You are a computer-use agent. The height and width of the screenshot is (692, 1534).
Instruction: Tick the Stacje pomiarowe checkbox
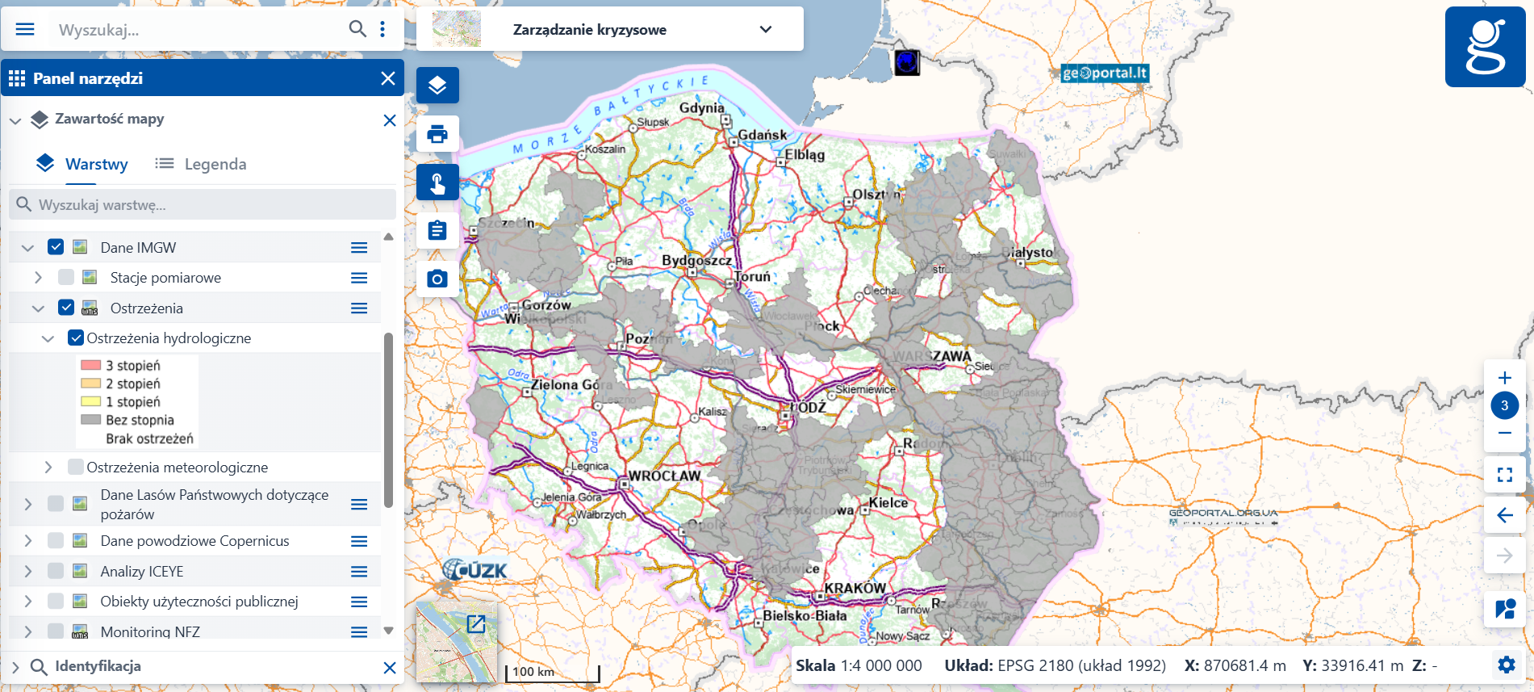coord(66,278)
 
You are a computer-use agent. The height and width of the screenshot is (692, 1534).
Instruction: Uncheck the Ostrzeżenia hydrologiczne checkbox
coord(76,338)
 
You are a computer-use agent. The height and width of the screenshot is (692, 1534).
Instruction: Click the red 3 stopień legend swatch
coord(91,366)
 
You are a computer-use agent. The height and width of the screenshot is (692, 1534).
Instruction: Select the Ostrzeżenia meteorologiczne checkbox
coord(76,467)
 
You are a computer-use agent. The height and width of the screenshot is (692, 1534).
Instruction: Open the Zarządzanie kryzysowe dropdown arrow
coord(766,30)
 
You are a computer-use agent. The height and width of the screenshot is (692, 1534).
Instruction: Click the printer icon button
coord(437,134)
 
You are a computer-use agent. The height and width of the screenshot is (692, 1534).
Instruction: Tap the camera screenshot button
coord(437,279)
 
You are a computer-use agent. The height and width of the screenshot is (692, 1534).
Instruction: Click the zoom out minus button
coord(1504,434)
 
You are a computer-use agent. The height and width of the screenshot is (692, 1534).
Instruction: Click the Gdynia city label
coord(701,107)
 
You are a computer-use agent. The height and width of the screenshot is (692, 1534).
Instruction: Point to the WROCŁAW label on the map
coord(664,476)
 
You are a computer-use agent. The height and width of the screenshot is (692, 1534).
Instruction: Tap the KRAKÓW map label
coord(855,588)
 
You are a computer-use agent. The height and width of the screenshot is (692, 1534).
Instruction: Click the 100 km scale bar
coord(553,672)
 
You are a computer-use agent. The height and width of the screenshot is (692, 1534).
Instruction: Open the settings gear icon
coord(1506,665)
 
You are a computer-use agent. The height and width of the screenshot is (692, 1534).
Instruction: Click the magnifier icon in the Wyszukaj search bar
coord(357,29)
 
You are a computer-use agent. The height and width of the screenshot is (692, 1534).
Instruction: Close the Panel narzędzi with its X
coord(388,78)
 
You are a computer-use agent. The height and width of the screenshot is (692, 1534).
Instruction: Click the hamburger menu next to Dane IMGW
coord(359,248)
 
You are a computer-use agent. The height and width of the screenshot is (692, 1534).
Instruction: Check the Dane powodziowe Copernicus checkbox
coord(56,541)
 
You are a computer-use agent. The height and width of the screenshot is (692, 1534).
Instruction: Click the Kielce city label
coord(888,502)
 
